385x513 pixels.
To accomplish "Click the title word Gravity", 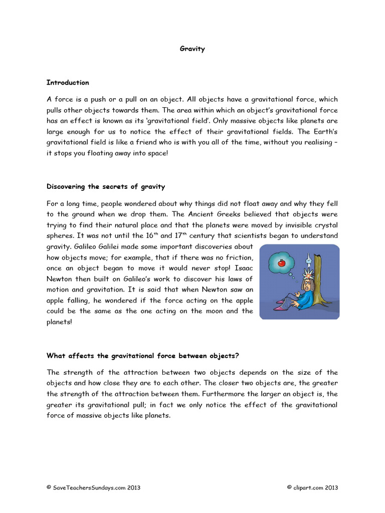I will point(192,49).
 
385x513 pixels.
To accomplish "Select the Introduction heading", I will point(68,83).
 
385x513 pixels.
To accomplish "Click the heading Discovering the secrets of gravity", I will point(106,187).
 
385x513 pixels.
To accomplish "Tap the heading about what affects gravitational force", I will point(143,356).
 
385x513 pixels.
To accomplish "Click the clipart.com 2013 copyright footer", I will point(312,487).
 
